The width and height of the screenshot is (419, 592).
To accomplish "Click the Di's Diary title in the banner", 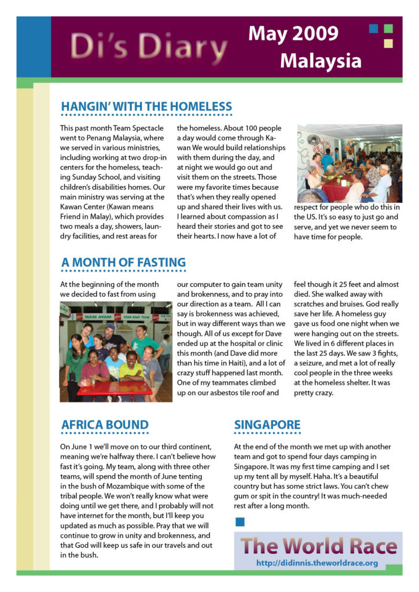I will (x=145, y=46).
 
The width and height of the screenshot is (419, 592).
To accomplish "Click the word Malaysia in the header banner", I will (x=321, y=61).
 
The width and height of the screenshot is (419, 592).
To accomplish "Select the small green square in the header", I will (x=388, y=28).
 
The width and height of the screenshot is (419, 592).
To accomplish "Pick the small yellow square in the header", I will (x=388, y=43).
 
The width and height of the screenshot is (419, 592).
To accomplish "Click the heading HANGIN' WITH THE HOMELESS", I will (x=146, y=107).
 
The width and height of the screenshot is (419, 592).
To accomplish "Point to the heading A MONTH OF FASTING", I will (x=123, y=262).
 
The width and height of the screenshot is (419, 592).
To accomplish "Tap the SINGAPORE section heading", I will (x=267, y=425).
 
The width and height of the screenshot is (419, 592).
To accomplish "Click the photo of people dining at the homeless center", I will (x=349, y=163).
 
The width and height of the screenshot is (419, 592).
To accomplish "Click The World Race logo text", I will (x=318, y=546).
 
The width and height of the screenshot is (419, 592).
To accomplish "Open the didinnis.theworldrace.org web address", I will (x=317, y=563).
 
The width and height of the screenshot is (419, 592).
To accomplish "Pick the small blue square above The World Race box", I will (x=240, y=522).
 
